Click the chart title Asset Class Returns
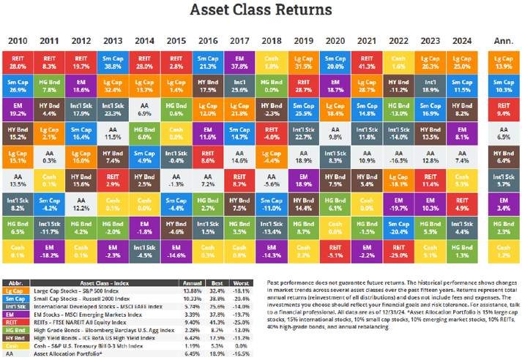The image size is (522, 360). click(261, 10)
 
